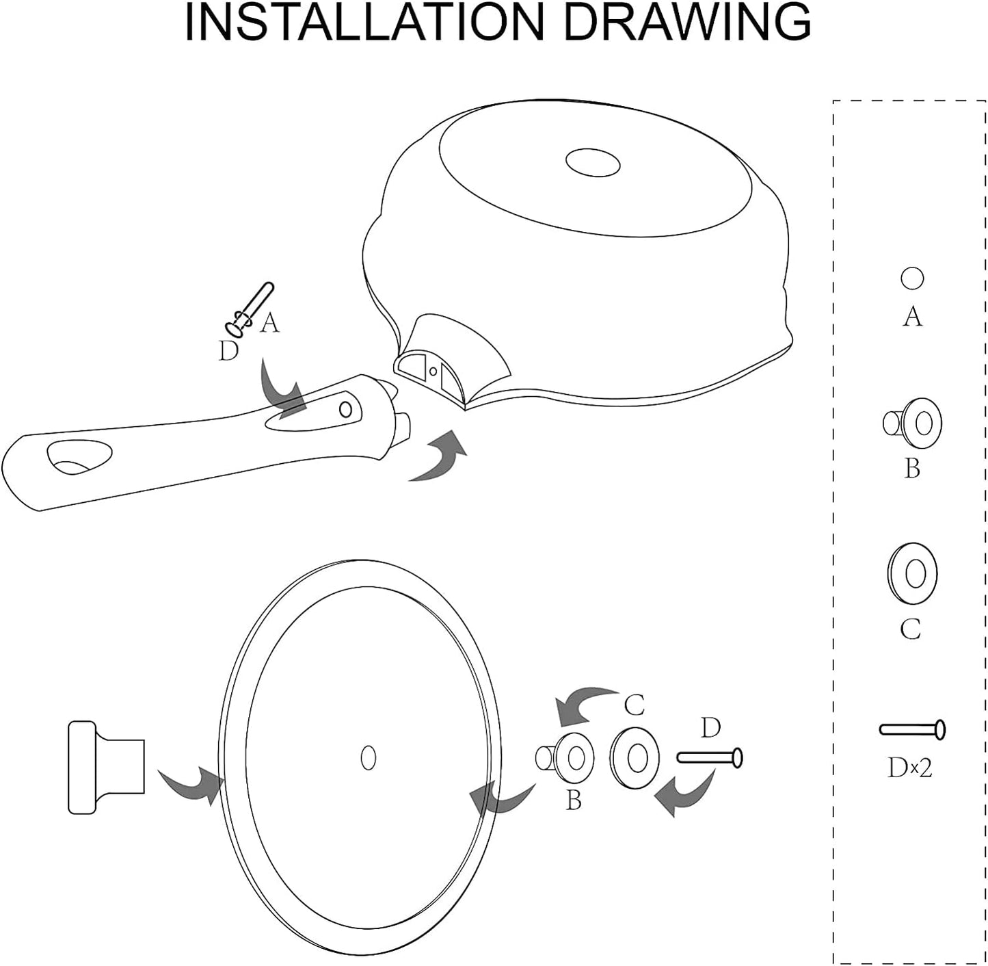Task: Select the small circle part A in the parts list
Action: pos(912,278)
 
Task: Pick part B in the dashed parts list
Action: pos(912,423)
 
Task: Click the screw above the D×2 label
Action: pos(912,730)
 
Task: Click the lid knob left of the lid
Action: pos(107,767)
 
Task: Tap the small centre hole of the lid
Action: pos(368,759)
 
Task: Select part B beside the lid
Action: pos(565,759)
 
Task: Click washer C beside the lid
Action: pos(635,759)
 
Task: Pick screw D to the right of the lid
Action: pos(710,758)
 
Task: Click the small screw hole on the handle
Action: pos(346,408)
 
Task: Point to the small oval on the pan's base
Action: pos(593,163)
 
